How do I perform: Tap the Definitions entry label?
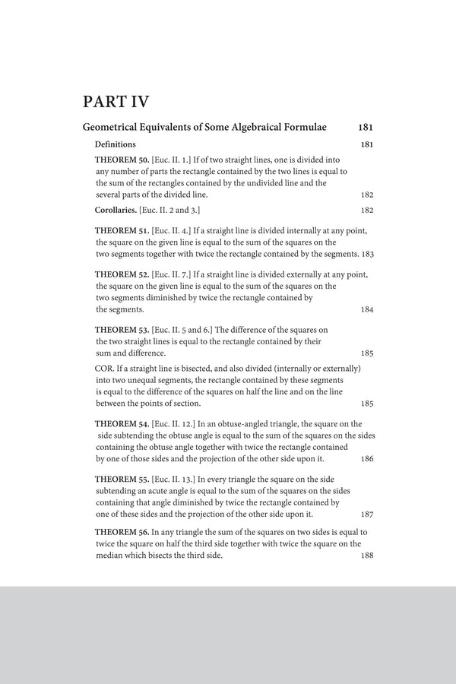[115, 144]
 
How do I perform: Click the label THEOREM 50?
[122, 160]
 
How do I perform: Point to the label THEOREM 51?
[122, 230]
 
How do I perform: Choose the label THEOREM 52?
[122, 274]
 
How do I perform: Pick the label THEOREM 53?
[122, 329]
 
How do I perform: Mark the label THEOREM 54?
[122, 424]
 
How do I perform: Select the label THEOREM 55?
[122, 479]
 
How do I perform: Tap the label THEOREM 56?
[122, 533]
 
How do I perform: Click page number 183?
[368, 253]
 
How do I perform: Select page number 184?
[366, 309]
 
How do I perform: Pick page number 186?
[366, 459]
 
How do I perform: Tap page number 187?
[366, 515]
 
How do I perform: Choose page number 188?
[366, 556]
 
